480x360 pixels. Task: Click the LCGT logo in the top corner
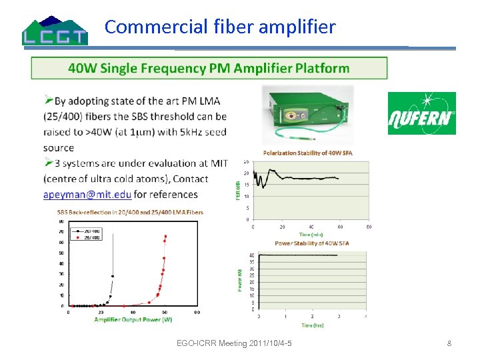tap(55, 30)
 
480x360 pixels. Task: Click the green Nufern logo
tap(421, 113)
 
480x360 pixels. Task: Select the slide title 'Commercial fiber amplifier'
tap(220, 27)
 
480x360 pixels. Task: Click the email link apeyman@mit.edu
tap(87, 195)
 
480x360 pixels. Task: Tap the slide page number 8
tap(449, 343)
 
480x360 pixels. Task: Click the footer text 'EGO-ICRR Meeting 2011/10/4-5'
tap(238, 343)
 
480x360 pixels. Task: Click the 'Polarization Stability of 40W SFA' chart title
tap(307, 153)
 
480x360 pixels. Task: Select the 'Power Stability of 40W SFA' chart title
tap(311, 243)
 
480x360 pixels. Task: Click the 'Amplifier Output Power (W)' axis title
tap(133, 319)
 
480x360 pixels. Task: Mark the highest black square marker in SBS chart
tap(113, 276)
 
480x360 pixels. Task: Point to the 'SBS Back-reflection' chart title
tap(130, 213)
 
